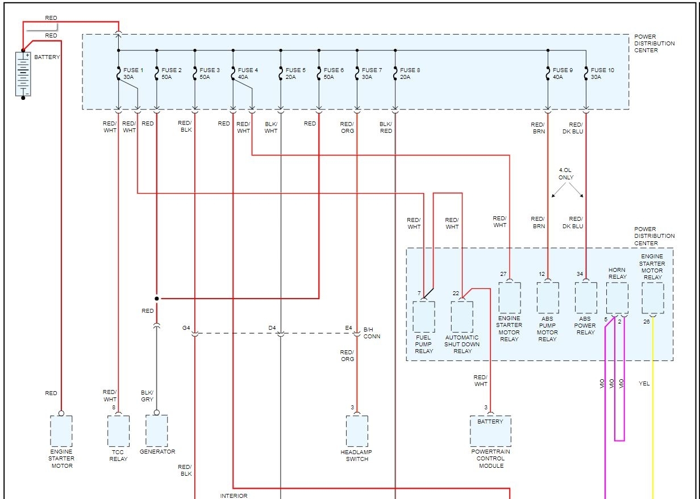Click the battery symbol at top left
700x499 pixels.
pyautogui.click(x=23, y=74)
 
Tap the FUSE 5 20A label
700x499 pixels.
pyautogui.click(x=295, y=73)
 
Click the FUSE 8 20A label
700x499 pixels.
pyautogui.click(x=410, y=73)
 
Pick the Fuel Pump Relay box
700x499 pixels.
pyautogui.click(x=424, y=316)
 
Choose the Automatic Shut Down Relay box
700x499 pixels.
pyautogui.click(x=462, y=316)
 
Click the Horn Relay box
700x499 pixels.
pyautogui.click(x=617, y=298)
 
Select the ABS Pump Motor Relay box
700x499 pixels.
pyautogui.click(x=548, y=297)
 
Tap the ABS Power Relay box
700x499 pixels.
pyautogui.click(x=586, y=297)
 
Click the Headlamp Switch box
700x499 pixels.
pyautogui.click(x=357, y=431)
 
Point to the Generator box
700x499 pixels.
pyautogui.click(x=157, y=430)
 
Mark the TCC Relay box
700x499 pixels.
pyautogui.click(x=118, y=431)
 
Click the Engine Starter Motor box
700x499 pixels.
pyautogui.click(x=61, y=431)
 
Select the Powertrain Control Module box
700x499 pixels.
pyautogui.click(x=490, y=431)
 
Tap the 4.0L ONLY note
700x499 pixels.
pyautogui.click(x=566, y=174)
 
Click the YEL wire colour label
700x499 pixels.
pyautogui.click(x=644, y=384)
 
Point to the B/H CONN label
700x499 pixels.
pyautogui.click(x=372, y=333)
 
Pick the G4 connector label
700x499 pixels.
pyautogui.click(x=186, y=328)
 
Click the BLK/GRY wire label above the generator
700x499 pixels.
pyautogui.click(x=147, y=396)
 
